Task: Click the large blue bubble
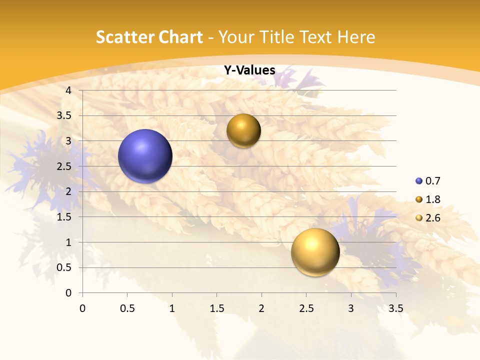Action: pos(145,156)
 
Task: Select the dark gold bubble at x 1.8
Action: pos(243,131)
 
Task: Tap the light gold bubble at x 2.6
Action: pos(315,252)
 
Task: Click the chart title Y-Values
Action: pos(249,70)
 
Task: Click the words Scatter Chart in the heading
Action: pos(149,37)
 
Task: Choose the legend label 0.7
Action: pos(433,181)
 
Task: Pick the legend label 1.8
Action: pos(433,199)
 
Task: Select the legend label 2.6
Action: pos(433,218)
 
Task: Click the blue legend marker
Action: pos(418,181)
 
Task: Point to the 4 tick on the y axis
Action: pos(68,90)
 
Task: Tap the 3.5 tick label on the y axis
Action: pos(64,115)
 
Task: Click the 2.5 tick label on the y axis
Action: pos(64,166)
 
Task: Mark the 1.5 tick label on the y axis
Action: pos(64,217)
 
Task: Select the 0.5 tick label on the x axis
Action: pos(127,308)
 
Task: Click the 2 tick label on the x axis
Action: pos(261,308)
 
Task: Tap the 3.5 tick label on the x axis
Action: pos(396,308)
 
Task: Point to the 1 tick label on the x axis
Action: pos(172,308)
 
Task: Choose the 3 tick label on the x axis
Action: pos(351,308)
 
